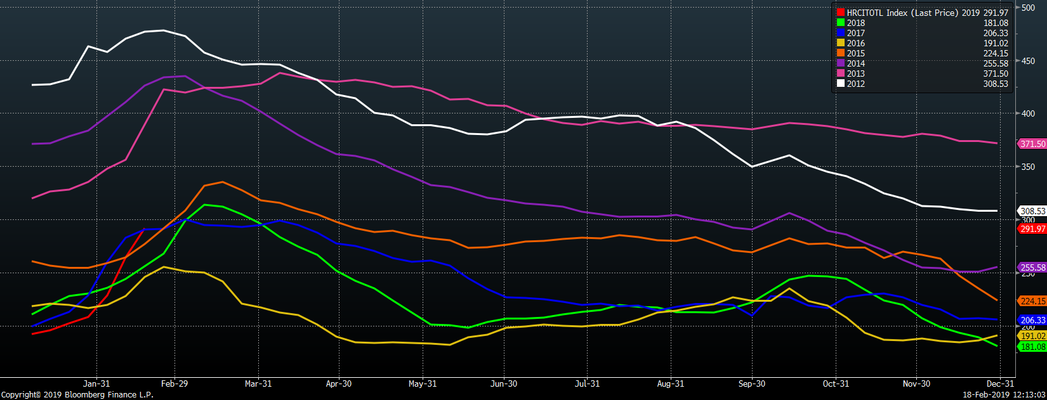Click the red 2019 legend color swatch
pyautogui.click(x=841, y=13)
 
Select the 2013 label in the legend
pyautogui.click(x=855, y=74)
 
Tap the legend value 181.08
pyautogui.click(x=995, y=23)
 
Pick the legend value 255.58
pyautogui.click(x=995, y=63)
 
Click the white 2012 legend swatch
pyautogui.click(x=841, y=84)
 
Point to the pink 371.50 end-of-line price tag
pyautogui.click(x=1032, y=144)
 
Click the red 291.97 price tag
pyautogui.click(x=1032, y=229)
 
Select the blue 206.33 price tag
pyautogui.click(x=1032, y=321)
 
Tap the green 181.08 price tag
pyautogui.click(x=1032, y=347)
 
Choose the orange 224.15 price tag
pyautogui.click(x=1032, y=301)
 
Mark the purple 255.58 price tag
pyautogui.click(x=1032, y=268)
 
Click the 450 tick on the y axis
pyautogui.click(x=1028, y=61)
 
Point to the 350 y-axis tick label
pyautogui.click(x=1028, y=167)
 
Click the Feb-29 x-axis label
pyautogui.click(x=174, y=384)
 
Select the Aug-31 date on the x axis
pyautogui.click(x=671, y=384)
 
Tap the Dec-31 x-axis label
pyautogui.click(x=1001, y=384)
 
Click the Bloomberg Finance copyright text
pyautogui.click(x=77, y=394)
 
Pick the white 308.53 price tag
pyautogui.click(x=1032, y=211)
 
